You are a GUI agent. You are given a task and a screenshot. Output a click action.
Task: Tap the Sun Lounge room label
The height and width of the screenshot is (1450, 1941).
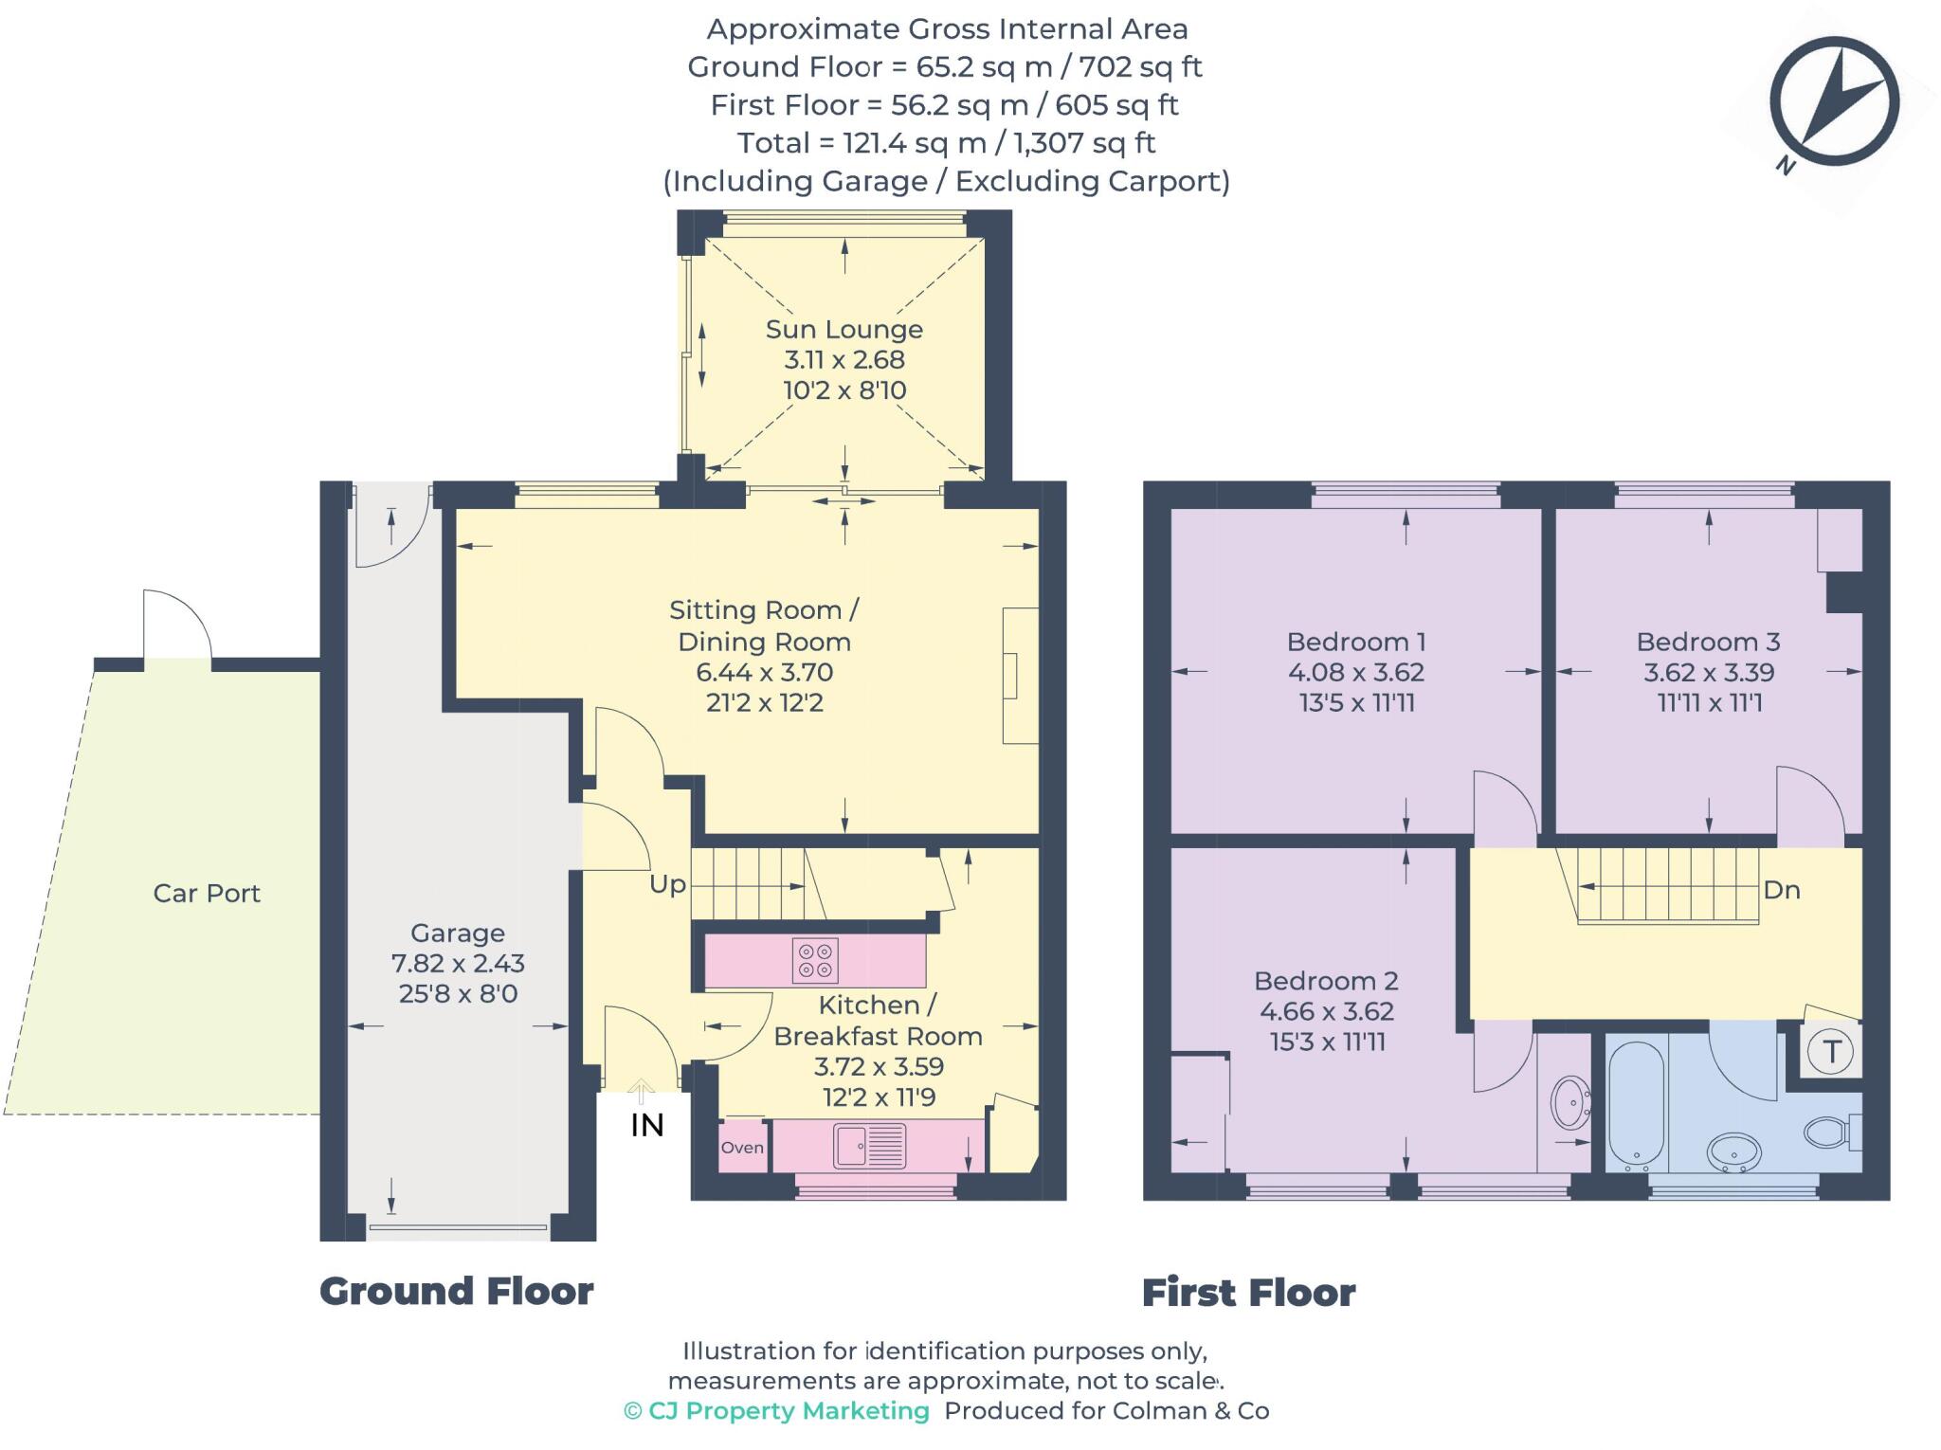tap(844, 329)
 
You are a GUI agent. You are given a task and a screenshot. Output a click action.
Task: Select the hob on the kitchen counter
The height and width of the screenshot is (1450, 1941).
tap(815, 959)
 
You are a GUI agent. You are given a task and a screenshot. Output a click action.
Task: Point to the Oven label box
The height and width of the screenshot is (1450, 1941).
tap(742, 1147)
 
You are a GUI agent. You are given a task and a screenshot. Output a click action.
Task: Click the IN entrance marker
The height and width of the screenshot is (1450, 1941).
tap(647, 1125)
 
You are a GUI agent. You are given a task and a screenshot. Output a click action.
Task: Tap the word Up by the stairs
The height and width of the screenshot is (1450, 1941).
tap(667, 884)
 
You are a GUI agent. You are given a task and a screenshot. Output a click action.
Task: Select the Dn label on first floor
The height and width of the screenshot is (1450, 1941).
tap(1781, 890)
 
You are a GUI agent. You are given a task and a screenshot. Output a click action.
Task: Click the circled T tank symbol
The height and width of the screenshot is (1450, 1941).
tap(1830, 1051)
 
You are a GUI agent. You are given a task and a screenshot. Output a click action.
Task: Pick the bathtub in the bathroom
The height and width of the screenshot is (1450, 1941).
tap(1636, 1105)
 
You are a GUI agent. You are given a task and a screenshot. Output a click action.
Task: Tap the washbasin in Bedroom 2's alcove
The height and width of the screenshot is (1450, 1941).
tap(1570, 1102)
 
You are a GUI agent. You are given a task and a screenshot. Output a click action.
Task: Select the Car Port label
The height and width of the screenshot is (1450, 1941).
tap(207, 893)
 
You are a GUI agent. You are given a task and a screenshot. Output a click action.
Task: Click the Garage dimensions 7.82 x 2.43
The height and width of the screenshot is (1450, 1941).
tap(458, 963)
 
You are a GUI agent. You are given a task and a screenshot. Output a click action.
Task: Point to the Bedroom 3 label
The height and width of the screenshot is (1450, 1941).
tap(1708, 642)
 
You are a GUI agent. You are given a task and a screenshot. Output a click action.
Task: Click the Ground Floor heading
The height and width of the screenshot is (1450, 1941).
tap(456, 1291)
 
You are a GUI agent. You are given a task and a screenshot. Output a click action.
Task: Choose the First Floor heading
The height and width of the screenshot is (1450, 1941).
tap(1248, 1293)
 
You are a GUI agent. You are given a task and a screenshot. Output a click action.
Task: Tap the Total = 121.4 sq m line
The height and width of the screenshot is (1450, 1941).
tap(946, 143)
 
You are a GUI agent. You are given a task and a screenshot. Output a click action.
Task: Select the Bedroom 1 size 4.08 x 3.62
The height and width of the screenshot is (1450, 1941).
tap(1355, 672)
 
